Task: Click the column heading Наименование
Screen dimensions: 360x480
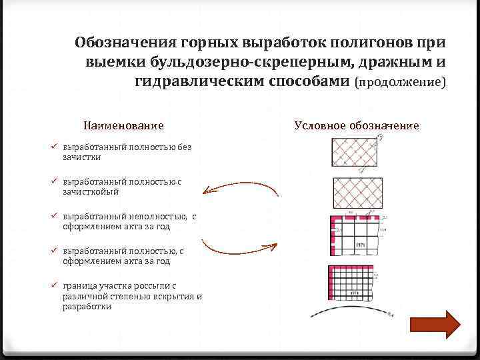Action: coord(123,125)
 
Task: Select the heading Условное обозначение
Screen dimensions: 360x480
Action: coord(357,125)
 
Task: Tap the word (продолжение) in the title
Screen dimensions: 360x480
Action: coord(400,82)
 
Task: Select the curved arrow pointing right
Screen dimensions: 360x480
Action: coord(240,245)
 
